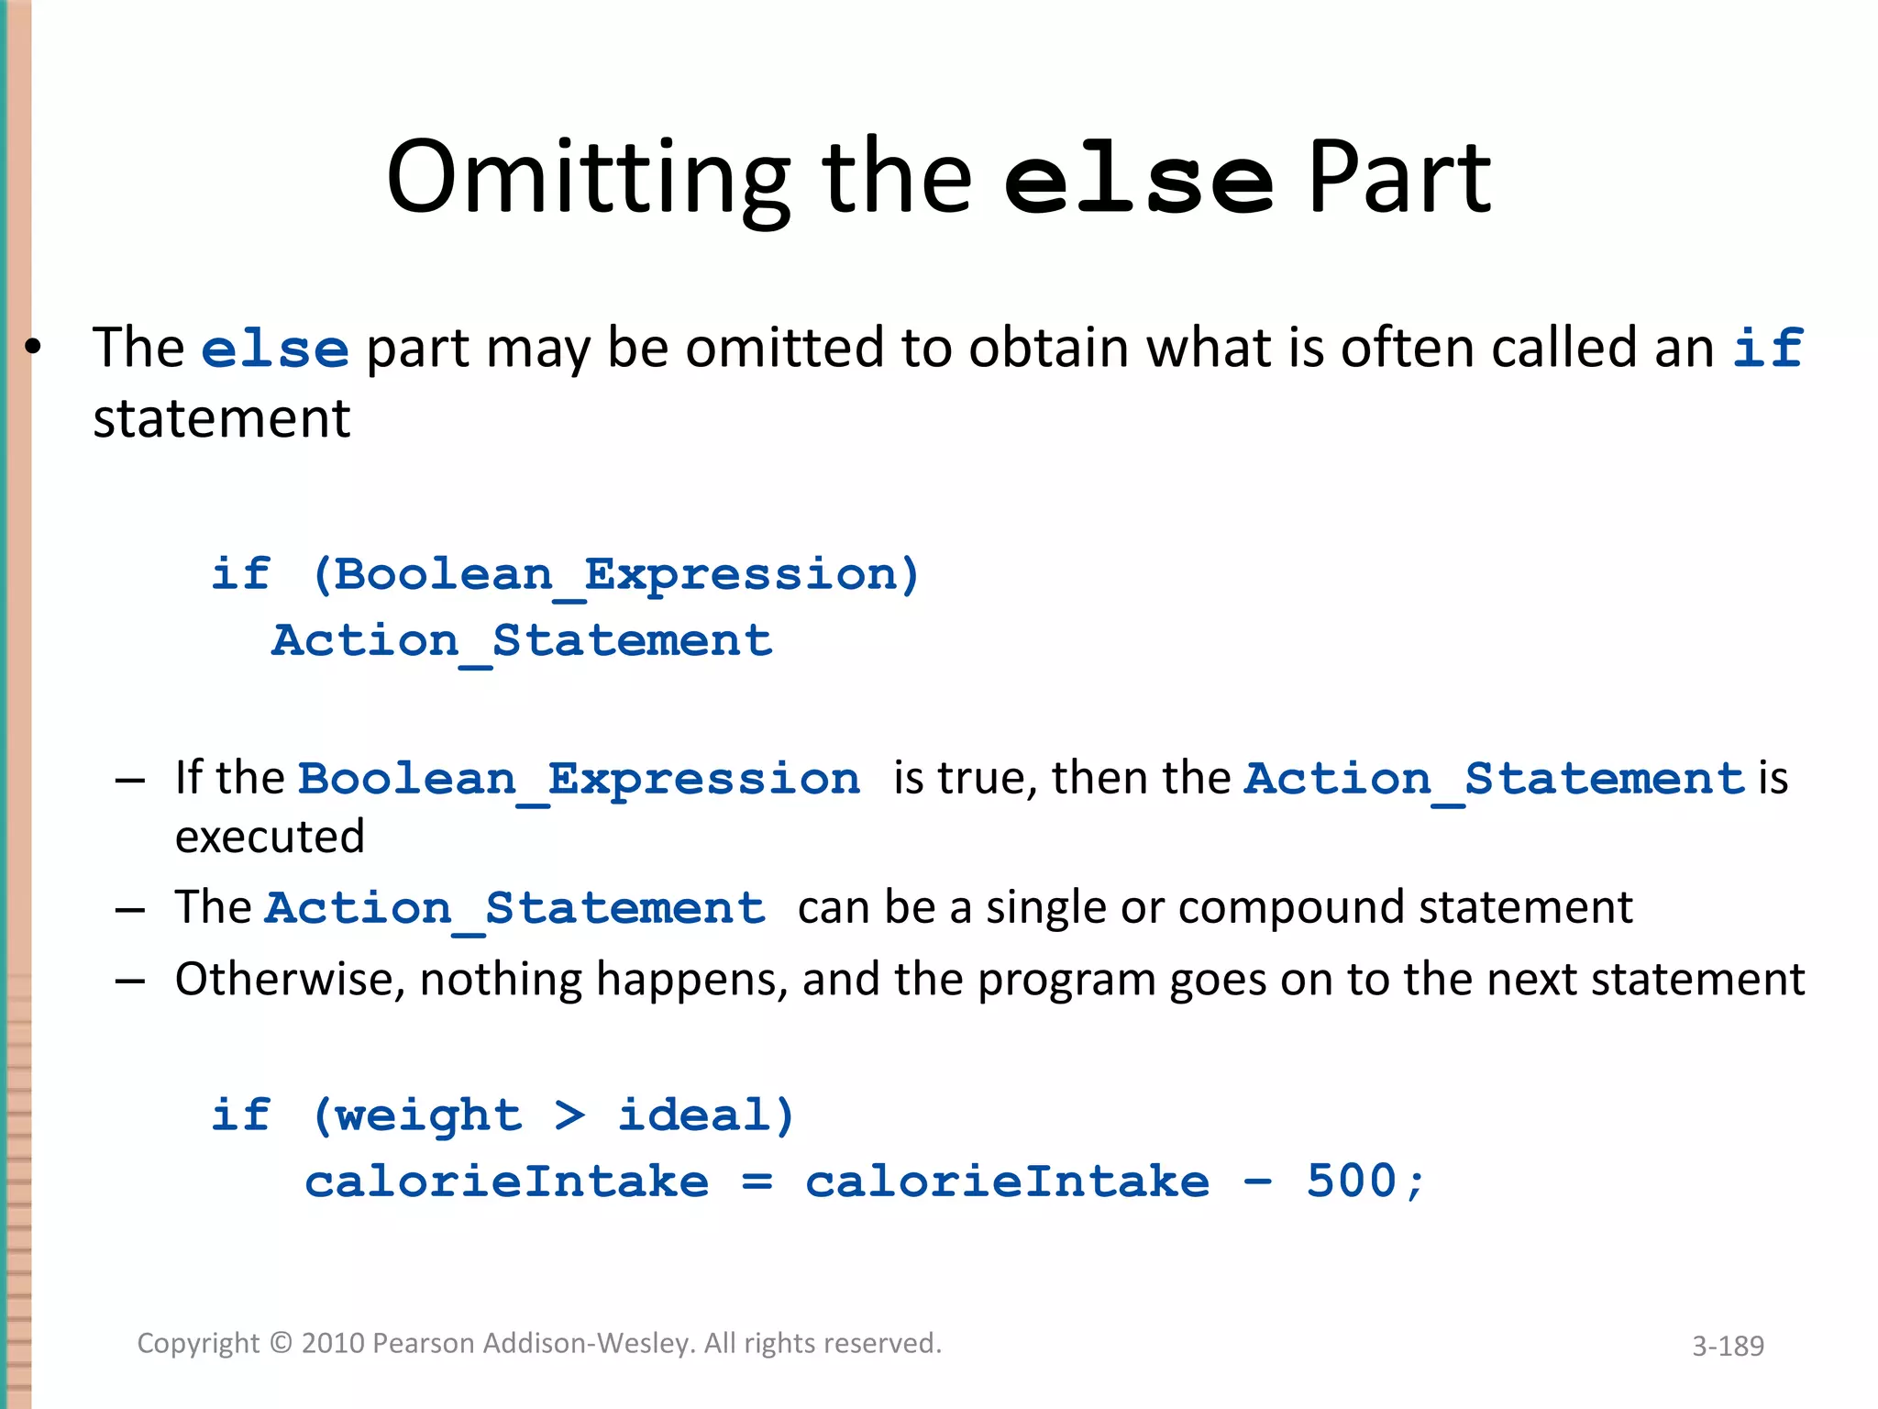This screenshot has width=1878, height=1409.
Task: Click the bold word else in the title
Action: coord(1138,181)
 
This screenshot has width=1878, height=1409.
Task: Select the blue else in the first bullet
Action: coord(274,349)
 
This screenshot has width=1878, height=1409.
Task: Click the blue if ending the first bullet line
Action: coord(1767,348)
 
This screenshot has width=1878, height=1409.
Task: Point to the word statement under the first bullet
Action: coord(221,419)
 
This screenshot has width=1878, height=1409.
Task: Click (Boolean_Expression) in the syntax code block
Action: coord(614,576)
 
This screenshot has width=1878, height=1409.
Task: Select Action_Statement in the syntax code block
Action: coord(522,641)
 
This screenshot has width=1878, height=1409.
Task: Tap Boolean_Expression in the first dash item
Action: coord(579,780)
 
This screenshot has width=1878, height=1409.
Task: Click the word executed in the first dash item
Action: coord(270,837)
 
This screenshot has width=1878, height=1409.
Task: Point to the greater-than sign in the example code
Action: coord(569,1115)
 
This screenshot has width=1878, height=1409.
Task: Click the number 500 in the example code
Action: coord(1351,1182)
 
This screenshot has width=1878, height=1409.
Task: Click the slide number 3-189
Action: coord(1728,1346)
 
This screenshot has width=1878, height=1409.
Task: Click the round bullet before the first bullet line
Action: coord(33,348)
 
